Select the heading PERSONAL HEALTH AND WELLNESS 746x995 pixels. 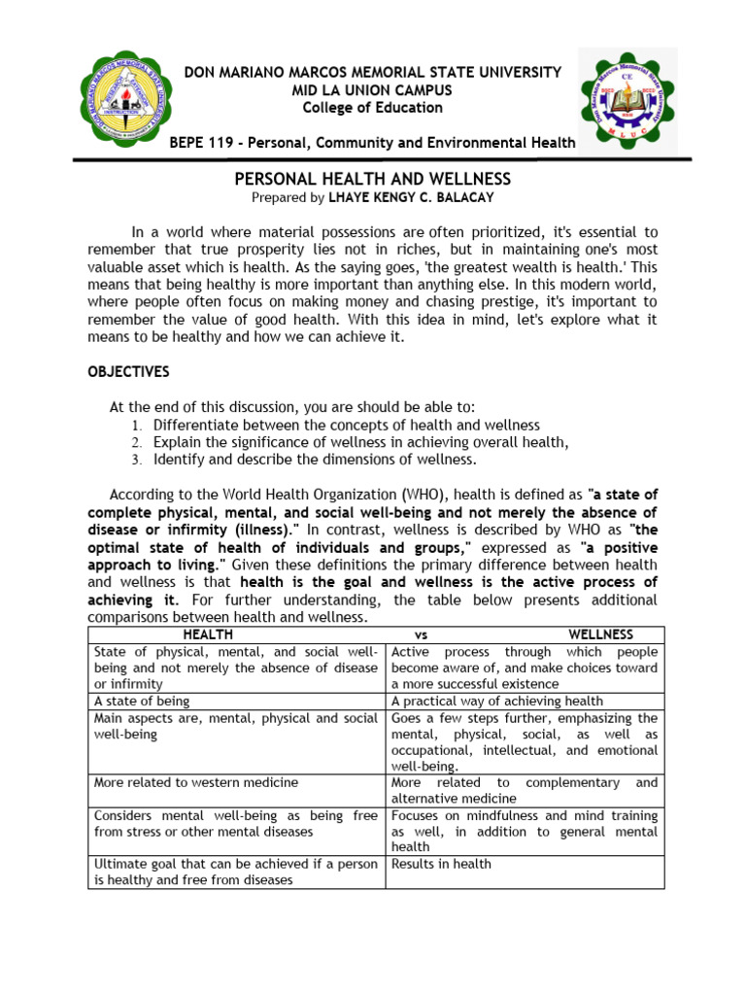point(373,180)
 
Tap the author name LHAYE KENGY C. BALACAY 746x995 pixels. point(438,197)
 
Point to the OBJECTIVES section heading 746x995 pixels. point(128,372)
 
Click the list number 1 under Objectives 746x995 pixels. point(137,426)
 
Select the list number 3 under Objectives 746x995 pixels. point(137,460)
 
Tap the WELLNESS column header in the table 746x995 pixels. point(600,635)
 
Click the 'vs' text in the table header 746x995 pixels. point(421,635)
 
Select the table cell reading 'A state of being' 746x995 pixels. point(142,701)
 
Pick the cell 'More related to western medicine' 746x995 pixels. point(196,782)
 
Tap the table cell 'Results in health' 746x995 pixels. point(441,864)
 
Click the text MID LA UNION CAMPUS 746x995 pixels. point(373,90)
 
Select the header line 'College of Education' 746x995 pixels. point(373,108)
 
